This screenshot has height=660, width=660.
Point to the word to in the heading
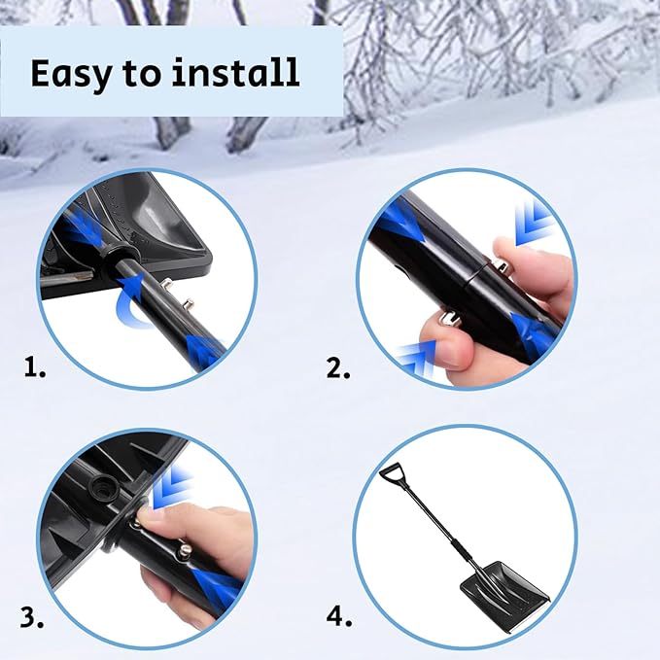(148, 75)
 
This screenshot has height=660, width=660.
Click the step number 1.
(35, 367)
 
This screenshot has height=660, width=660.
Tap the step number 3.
(32, 616)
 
